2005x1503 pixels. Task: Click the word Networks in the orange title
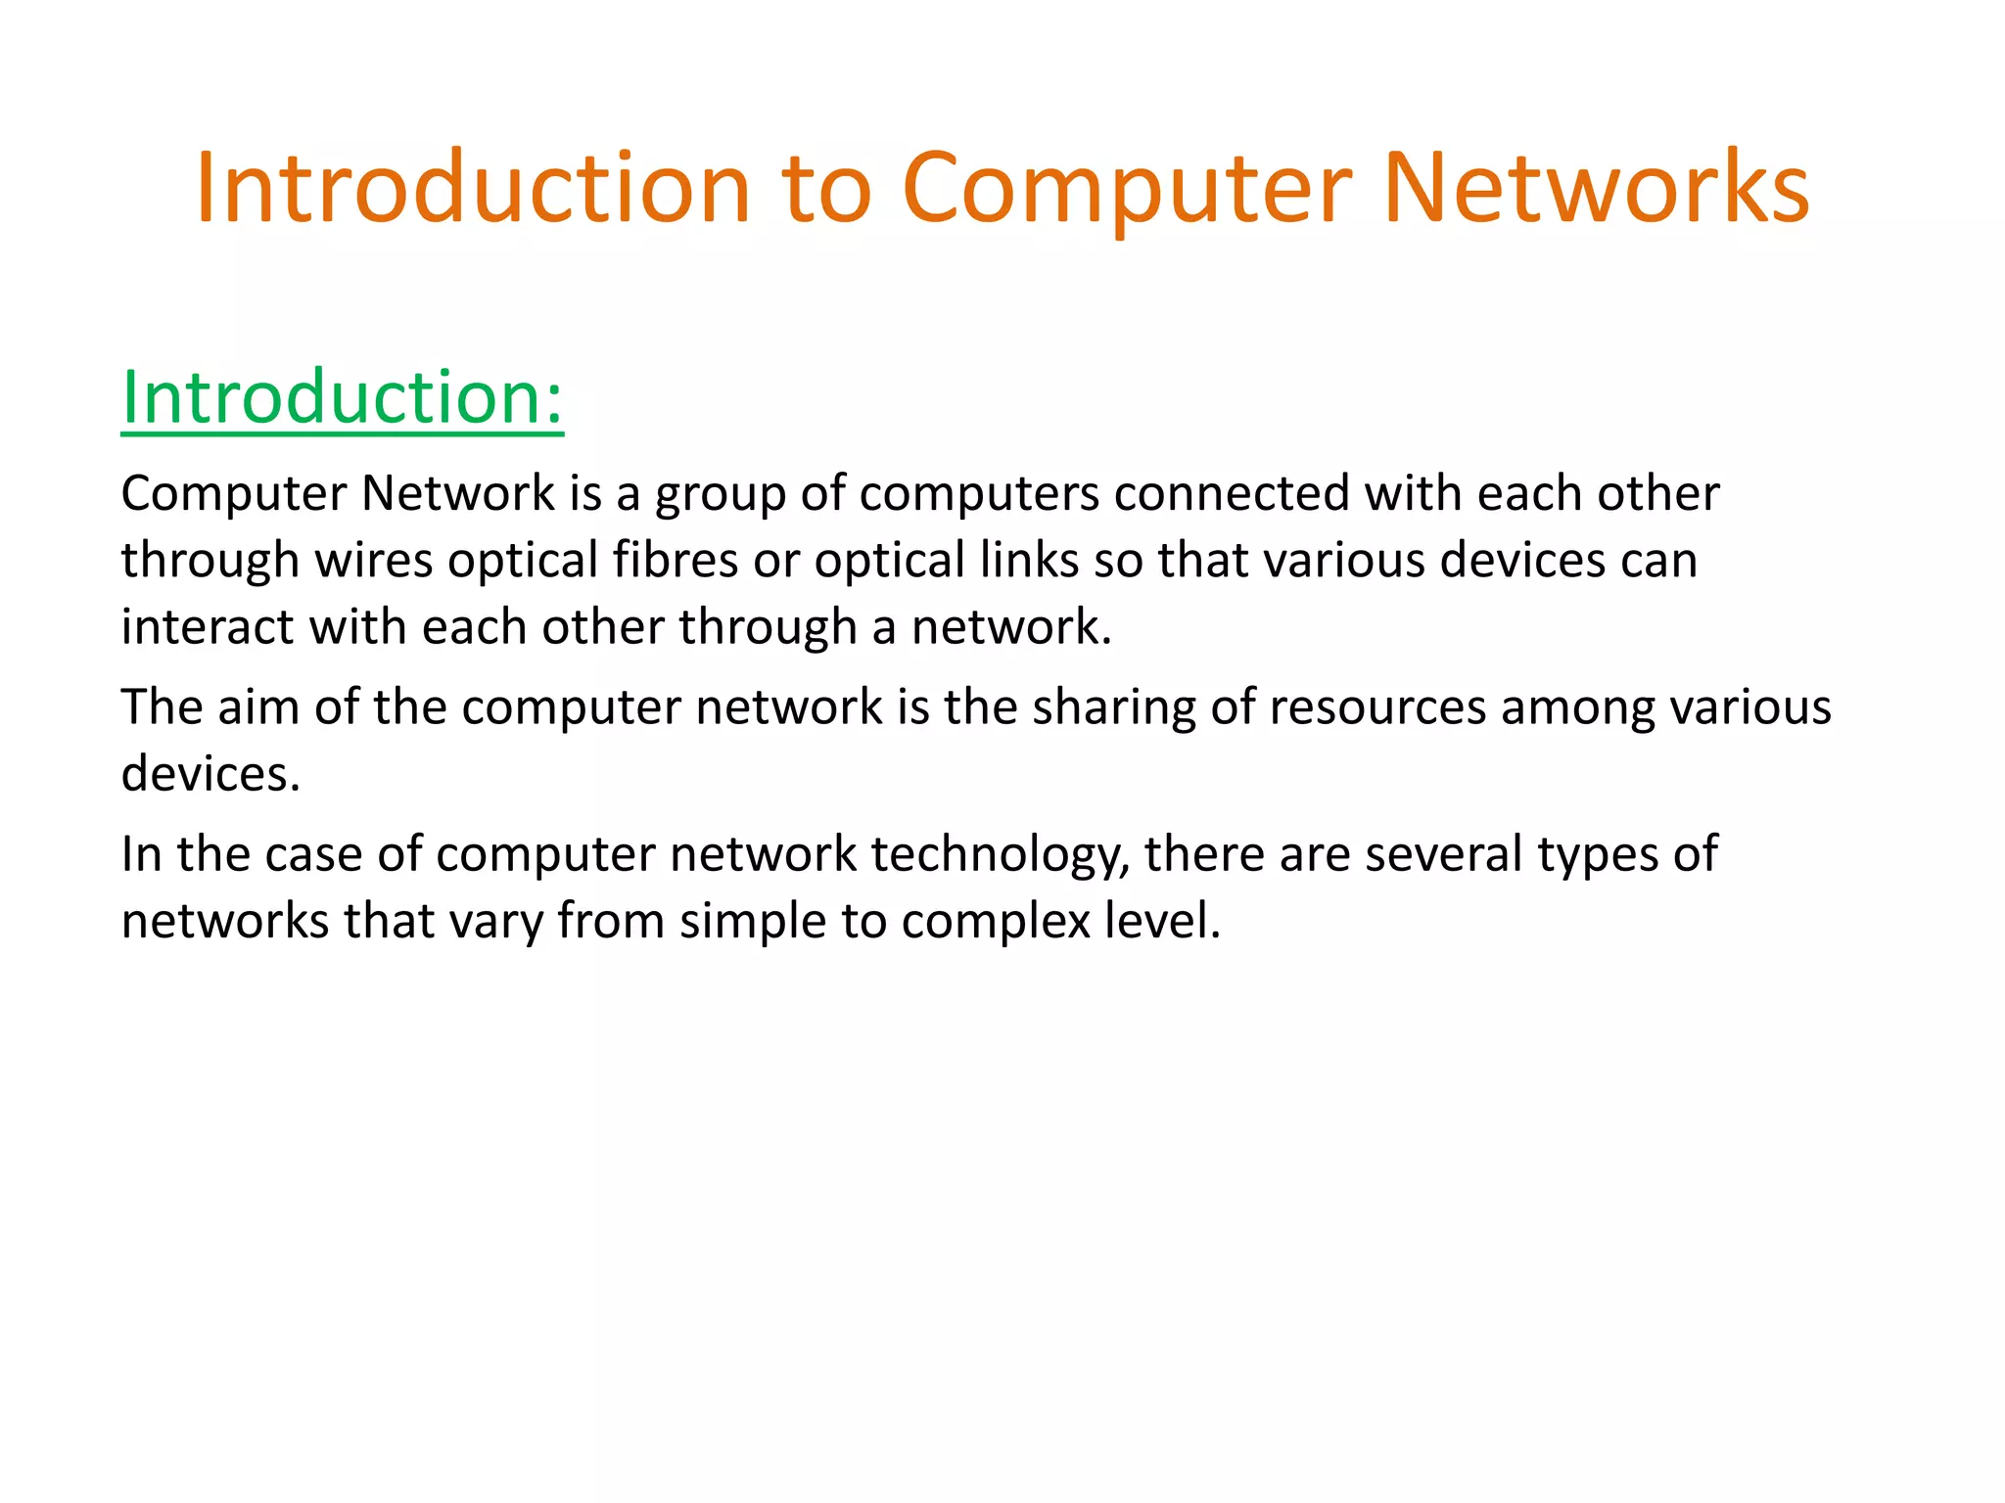pyautogui.click(x=1596, y=188)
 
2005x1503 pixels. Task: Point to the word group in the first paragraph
pyautogui.click(x=720, y=494)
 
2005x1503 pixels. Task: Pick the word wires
pyautogui.click(x=373, y=560)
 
